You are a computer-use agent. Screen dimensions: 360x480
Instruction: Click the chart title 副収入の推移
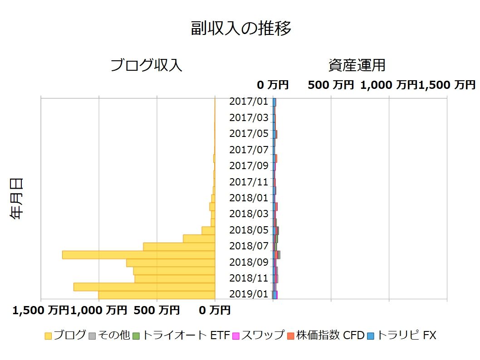(x=241, y=28)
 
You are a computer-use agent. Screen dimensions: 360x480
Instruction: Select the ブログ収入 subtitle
(x=147, y=65)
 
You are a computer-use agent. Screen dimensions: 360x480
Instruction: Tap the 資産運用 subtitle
(x=357, y=65)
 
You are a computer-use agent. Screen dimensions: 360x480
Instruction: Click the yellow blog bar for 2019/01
(x=157, y=295)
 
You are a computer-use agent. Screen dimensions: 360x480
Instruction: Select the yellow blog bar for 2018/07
(x=179, y=247)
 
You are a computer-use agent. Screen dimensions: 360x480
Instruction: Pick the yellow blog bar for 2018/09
(x=171, y=263)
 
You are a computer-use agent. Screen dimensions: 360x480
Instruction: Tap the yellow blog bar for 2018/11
(x=175, y=278)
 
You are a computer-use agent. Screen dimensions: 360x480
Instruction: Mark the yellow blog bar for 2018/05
(x=208, y=230)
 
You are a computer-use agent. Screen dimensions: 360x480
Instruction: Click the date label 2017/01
(x=249, y=102)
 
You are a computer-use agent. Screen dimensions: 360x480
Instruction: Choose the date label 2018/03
(x=249, y=214)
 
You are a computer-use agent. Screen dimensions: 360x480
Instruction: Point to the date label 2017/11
(x=249, y=182)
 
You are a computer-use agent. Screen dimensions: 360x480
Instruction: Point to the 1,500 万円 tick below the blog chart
(x=40, y=311)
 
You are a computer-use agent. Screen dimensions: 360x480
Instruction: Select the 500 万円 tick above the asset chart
(x=331, y=85)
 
